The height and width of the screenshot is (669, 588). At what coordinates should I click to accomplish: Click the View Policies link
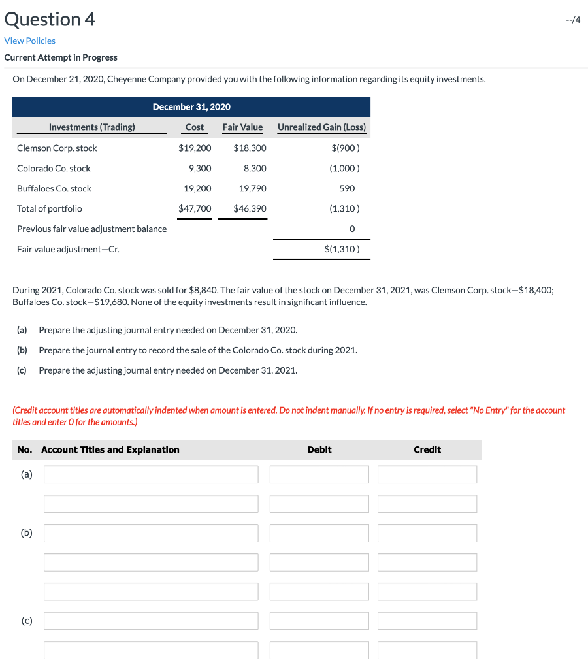tap(30, 41)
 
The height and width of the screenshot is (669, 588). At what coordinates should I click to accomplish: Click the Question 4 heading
tap(50, 19)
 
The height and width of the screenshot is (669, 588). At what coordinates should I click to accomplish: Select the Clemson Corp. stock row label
tap(57, 148)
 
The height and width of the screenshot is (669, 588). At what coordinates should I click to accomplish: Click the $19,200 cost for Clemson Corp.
tap(195, 148)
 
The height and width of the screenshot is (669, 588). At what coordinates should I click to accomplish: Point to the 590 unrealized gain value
tap(347, 188)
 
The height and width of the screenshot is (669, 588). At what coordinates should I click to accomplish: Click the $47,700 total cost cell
tap(195, 208)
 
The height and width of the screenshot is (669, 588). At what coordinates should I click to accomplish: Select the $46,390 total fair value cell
tap(250, 208)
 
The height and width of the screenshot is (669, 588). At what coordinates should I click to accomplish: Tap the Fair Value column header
tap(242, 127)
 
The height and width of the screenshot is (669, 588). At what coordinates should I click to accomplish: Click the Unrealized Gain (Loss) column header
tap(321, 127)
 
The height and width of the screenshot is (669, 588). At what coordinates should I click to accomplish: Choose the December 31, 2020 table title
tap(191, 106)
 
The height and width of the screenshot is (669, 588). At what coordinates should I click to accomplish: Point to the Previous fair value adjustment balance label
tap(91, 229)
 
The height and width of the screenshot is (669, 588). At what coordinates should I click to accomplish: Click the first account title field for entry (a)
tap(151, 474)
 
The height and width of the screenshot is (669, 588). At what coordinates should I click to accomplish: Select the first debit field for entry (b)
tap(319, 532)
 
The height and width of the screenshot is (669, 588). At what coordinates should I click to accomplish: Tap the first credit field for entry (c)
tap(427, 621)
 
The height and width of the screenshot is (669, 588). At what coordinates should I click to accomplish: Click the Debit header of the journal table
tap(319, 449)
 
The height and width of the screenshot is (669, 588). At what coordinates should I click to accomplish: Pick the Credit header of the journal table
tap(427, 449)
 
